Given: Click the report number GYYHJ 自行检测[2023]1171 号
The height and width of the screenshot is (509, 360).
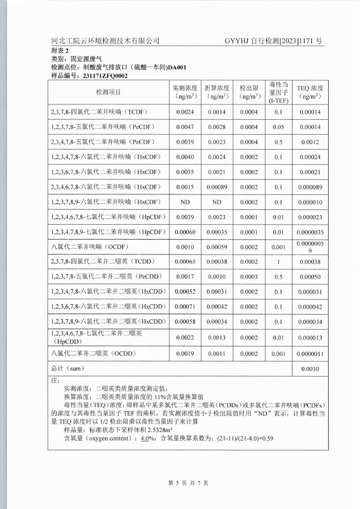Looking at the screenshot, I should tap(273, 41).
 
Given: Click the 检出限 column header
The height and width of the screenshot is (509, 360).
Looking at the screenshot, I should tap(249, 92).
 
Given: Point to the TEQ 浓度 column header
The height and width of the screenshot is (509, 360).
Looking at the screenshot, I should tap(309, 92).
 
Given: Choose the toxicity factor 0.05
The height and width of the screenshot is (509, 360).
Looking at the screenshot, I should tap(278, 127).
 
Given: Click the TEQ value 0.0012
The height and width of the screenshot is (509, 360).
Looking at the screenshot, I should tap(309, 142).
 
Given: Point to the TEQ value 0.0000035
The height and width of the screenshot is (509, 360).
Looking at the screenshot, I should tap(309, 232).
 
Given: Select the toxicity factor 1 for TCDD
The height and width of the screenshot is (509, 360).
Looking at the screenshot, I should tap(278, 261).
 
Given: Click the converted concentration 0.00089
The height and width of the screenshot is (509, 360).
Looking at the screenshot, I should tap(217, 187).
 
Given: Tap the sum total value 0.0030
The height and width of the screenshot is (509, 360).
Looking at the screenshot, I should tap(309, 369).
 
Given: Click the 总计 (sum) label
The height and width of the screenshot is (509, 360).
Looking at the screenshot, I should tap(68, 369).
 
